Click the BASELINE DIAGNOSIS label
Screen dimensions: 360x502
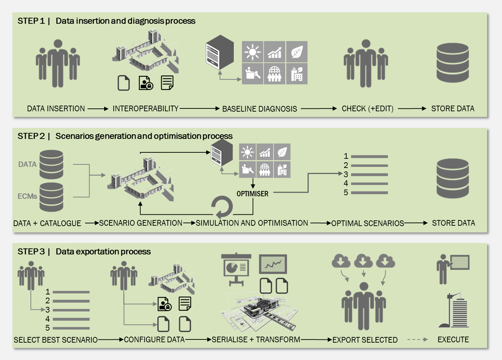[x=259, y=109]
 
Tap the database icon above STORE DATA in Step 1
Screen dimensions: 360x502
[x=452, y=63]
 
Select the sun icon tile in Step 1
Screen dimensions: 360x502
[x=252, y=52]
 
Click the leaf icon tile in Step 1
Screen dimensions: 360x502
[x=297, y=52]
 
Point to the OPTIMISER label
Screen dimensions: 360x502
[x=252, y=194]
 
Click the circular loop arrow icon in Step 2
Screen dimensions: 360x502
[x=222, y=207]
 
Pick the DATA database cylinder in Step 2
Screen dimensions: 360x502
[x=51, y=164]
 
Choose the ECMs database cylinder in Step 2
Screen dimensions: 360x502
[x=51, y=197]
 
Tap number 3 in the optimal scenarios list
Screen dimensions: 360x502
[x=346, y=174]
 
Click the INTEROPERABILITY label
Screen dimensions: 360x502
[x=146, y=109]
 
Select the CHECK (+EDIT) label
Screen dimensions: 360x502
[x=367, y=109]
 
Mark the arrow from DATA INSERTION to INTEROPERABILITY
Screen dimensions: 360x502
[x=98, y=109]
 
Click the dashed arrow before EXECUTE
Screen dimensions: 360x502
[x=417, y=339]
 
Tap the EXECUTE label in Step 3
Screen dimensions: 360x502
[x=453, y=339]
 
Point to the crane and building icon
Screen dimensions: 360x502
[x=455, y=310]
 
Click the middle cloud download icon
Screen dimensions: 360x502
[x=363, y=261]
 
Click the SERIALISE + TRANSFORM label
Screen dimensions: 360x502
[x=256, y=339]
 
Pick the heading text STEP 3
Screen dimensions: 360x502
[x=31, y=252]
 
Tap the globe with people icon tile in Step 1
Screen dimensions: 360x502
[x=274, y=74]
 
